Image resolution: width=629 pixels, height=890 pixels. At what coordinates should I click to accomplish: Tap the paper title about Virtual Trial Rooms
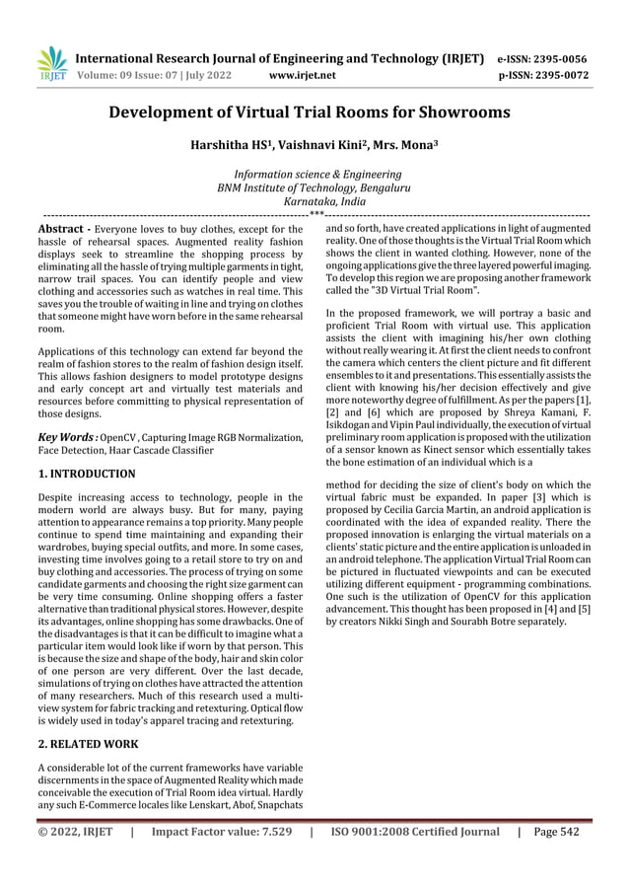click(314, 112)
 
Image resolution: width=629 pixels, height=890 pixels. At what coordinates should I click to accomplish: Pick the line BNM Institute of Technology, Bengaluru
click(314, 186)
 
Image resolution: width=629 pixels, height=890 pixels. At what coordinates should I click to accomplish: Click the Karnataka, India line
click(314, 200)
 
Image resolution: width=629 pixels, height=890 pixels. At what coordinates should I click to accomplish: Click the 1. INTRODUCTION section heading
click(86, 474)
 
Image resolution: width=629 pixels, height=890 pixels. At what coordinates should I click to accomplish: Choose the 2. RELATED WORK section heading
click(87, 743)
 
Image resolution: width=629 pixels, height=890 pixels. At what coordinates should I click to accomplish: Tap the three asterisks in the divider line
click(315, 213)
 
